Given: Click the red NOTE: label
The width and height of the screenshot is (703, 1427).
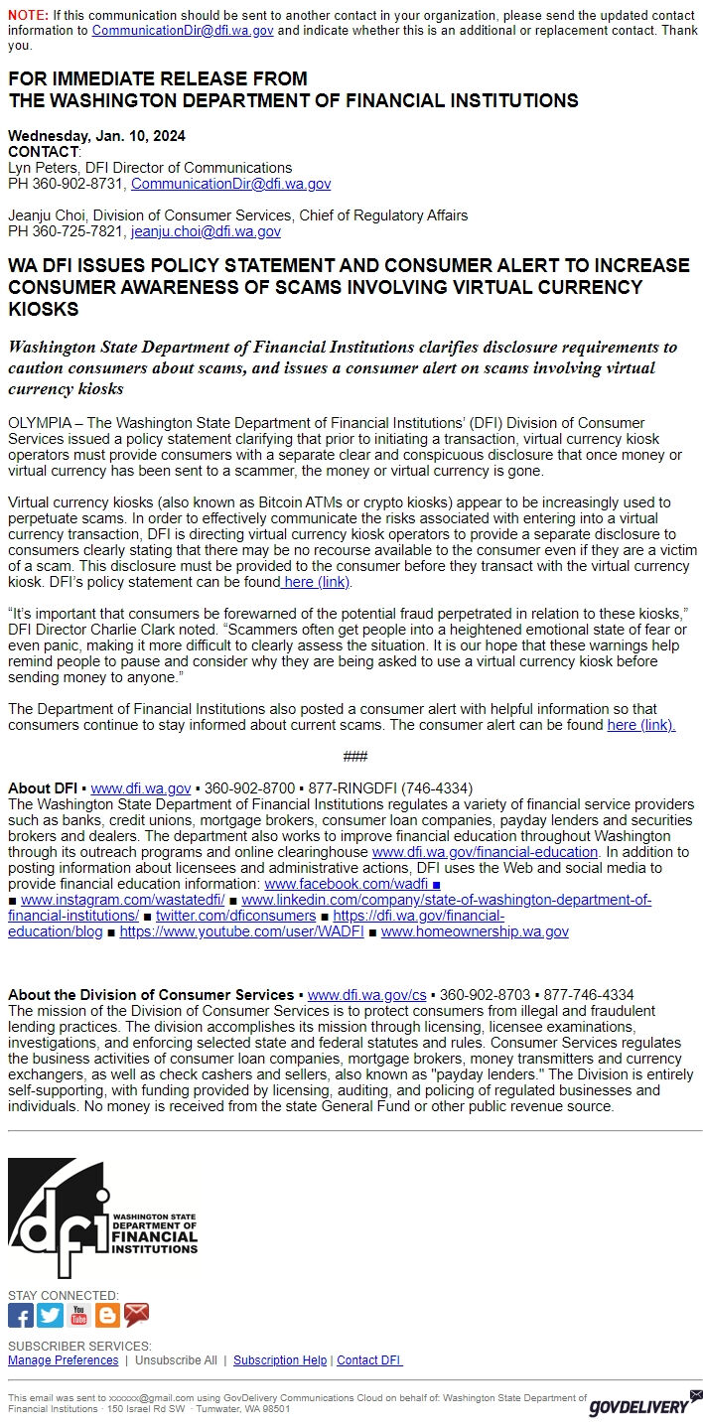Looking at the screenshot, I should [x=28, y=16].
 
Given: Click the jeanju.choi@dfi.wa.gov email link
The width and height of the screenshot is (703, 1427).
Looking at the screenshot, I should [x=206, y=231].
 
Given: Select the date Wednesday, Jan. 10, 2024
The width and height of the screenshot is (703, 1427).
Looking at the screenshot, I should [x=96, y=136].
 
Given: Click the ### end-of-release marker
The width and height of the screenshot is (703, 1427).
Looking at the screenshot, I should [x=354, y=757].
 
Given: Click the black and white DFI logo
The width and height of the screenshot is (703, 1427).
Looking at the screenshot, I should [x=102, y=1218].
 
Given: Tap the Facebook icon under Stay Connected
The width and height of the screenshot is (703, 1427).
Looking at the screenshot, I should [x=21, y=1316].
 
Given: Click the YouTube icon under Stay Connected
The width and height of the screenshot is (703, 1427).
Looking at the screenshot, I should [x=78, y=1316].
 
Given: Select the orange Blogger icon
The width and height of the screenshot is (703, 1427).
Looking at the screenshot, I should [x=107, y=1316].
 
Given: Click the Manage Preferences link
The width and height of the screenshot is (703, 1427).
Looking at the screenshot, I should [x=63, y=1360].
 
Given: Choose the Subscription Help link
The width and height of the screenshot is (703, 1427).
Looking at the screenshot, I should [x=280, y=1360].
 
